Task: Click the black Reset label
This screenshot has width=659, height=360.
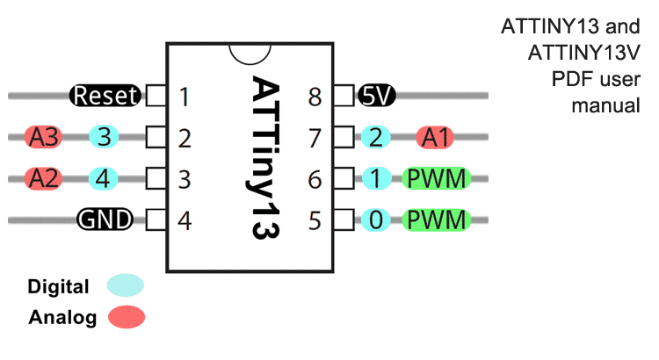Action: [105, 96]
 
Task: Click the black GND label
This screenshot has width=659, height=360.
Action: [105, 220]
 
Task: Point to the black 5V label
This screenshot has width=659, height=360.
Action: [378, 96]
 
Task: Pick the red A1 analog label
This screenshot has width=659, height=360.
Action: [437, 137]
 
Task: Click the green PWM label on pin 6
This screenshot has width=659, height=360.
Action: [437, 178]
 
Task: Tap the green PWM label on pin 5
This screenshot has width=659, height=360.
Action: [437, 220]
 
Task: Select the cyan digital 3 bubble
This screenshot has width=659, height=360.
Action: [105, 137]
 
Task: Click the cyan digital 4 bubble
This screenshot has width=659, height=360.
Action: [105, 178]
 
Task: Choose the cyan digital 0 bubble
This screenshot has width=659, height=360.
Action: [376, 220]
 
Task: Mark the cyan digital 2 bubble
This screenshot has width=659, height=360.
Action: [376, 137]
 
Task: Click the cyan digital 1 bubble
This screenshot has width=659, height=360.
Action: [376, 178]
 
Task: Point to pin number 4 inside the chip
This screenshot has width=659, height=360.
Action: [184, 220]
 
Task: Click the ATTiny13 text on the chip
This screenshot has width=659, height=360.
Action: [264, 158]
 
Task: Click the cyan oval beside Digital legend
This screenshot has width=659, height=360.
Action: [125, 285]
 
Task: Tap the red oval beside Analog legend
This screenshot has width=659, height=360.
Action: [127, 317]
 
